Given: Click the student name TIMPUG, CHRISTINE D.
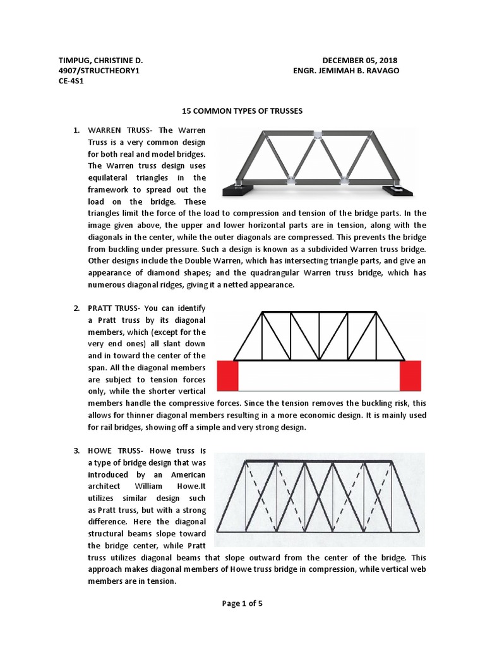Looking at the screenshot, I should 100,60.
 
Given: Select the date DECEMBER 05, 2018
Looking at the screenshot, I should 359,60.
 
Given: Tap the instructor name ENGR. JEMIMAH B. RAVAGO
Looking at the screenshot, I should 345,71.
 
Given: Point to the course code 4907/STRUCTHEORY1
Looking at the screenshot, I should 98,71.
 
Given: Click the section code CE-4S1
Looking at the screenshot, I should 71,82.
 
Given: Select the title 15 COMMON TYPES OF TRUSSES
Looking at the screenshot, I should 242,111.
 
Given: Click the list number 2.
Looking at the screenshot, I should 76,308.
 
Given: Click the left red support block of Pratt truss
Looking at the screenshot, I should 227,376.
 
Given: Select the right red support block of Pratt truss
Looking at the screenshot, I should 410,376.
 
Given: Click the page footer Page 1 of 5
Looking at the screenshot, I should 242,603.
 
